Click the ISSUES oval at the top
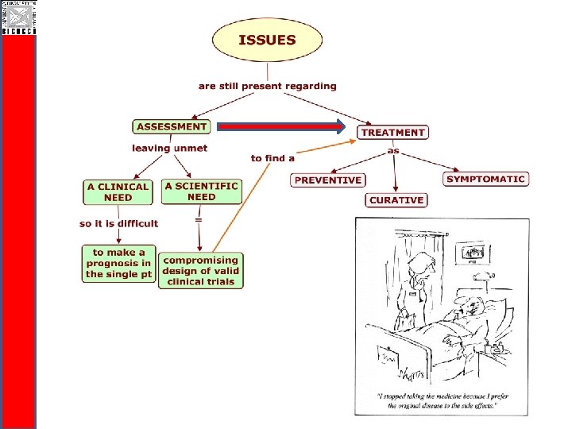tap(268, 41)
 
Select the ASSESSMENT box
tap(171, 126)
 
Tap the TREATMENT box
tap(393, 133)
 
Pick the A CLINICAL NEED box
tap(118, 192)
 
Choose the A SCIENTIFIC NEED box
tap(201, 191)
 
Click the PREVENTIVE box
tap(327, 180)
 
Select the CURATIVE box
tap(396, 200)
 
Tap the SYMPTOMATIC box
tap(485, 180)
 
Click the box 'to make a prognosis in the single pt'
tap(118, 263)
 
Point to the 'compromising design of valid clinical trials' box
tap(200, 271)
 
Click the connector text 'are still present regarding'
tap(268, 86)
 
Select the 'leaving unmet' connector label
tap(170, 148)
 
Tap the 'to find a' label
tap(272, 158)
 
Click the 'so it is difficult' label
tap(119, 224)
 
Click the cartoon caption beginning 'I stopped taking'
tap(442, 400)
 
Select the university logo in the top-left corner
tap(17, 17)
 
